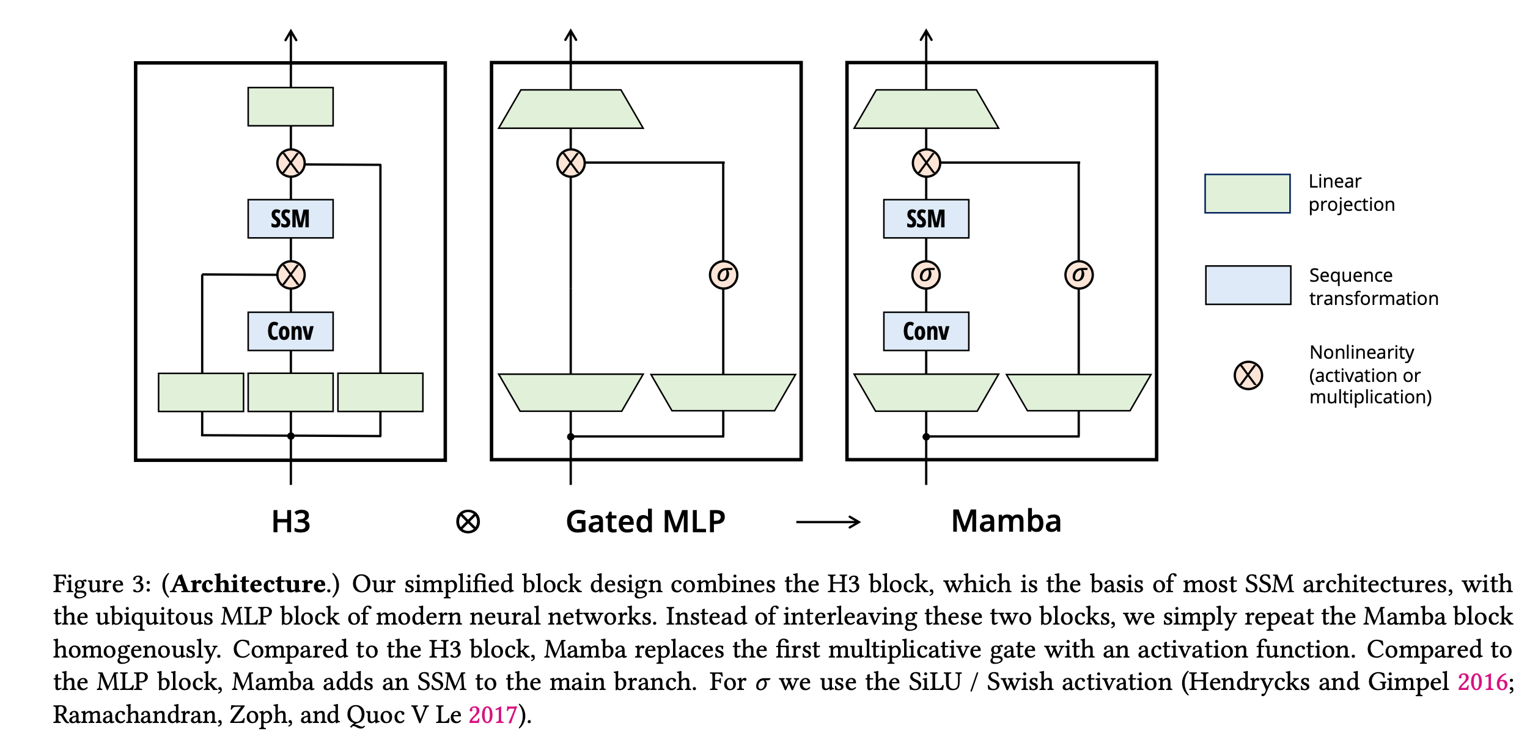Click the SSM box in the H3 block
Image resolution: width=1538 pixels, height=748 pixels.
pyautogui.click(x=290, y=219)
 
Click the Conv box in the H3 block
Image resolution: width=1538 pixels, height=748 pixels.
pyautogui.click(x=290, y=331)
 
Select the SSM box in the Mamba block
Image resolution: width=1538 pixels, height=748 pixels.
pyautogui.click(x=926, y=219)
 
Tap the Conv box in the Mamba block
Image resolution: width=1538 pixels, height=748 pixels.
pyautogui.click(x=926, y=331)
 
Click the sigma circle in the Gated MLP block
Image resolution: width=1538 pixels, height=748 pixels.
pyautogui.click(x=723, y=275)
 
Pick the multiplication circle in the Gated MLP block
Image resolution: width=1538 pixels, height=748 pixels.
pyautogui.click(x=571, y=163)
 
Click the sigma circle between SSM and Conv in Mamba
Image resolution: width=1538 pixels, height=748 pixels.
pyautogui.click(x=926, y=275)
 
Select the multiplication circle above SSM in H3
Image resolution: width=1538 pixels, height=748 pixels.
pyautogui.click(x=291, y=163)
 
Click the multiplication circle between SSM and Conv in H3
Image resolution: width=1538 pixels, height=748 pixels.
pyautogui.click(x=291, y=275)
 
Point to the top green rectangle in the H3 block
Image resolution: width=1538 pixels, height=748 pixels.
pyautogui.click(x=290, y=107)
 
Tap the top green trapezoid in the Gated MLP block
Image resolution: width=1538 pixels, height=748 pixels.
pyautogui.click(x=571, y=109)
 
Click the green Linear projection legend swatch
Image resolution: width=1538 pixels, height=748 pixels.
pyautogui.click(x=1248, y=194)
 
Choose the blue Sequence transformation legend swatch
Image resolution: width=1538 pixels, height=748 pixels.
pyautogui.click(x=1248, y=285)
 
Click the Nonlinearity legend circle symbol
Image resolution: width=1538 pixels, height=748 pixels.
pyautogui.click(x=1248, y=375)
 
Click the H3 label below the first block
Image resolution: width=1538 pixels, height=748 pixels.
pyautogui.click(x=291, y=522)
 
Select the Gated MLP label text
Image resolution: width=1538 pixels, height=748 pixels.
pyautogui.click(x=646, y=522)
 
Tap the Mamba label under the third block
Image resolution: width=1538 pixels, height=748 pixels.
pyautogui.click(x=1006, y=521)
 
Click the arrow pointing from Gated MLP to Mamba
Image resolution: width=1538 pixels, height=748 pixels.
pyautogui.click(x=828, y=522)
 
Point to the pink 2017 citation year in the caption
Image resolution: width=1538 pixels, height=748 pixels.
pyautogui.click(x=493, y=714)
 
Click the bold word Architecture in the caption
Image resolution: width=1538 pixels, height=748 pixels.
pyautogui.click(x=248, y=584)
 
